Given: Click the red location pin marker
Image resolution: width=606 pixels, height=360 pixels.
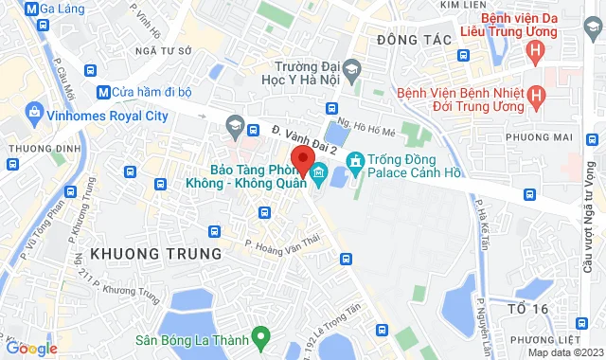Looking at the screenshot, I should (302, 160).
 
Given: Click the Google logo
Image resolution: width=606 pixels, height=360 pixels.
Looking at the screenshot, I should (30, 348).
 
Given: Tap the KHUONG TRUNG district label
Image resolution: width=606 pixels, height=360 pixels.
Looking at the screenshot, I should (155, 254).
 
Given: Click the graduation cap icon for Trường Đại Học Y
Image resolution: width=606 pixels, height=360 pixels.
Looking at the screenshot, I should (351, 69).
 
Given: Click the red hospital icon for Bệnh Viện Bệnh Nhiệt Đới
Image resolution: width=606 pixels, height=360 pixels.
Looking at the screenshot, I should (537, 96).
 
